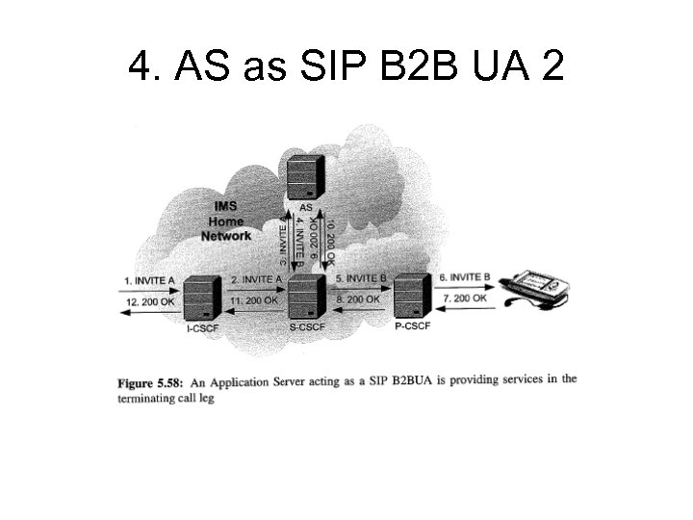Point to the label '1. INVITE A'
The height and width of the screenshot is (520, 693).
click(x=151, y=280)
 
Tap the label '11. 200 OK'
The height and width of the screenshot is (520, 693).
click(x=256, y=301)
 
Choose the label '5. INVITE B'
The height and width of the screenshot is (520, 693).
click(x=361, y=278)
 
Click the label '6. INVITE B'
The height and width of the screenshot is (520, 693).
click(x=465, y=277)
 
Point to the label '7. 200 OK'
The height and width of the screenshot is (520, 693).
click(x=465, y=299)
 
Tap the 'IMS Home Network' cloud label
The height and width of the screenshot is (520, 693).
click(x=227, y=221)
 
